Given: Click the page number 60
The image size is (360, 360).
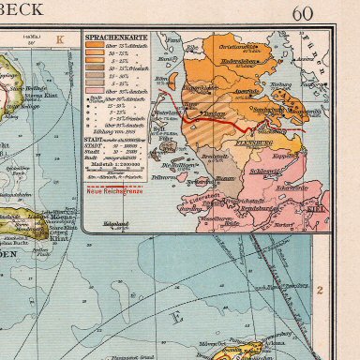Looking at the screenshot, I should click(303, 13).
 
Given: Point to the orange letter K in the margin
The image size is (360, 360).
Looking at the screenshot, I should click(60, 39).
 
